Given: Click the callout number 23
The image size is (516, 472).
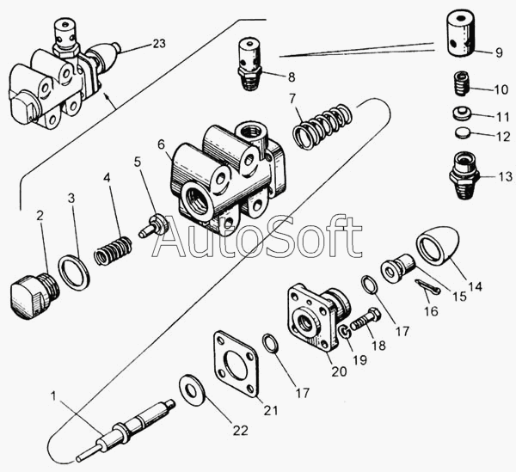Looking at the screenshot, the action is tap(159, 44).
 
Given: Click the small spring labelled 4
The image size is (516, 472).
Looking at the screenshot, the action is tap(113, 250).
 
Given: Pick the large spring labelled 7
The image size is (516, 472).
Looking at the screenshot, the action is tap(322, 126).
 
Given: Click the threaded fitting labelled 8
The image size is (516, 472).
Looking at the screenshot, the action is tap(249, 64).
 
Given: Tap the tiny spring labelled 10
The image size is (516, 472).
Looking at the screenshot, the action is tap(462, 84).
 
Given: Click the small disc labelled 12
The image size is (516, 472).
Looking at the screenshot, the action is tap(464, 133).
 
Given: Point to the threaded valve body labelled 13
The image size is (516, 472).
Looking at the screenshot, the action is tap(463, 175).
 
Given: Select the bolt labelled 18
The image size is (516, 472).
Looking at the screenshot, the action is tap(365, 319).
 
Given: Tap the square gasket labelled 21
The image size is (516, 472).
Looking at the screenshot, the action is tap(236, 364).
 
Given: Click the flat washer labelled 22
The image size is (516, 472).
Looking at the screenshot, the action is tap(192, 389).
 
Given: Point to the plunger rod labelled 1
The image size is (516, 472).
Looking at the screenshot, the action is tap(126, 429).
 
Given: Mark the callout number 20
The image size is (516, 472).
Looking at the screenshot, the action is tap(339, 371).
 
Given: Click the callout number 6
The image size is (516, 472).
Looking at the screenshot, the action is tap(161, 144).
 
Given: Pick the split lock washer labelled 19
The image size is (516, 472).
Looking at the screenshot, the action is tap(344, 332).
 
